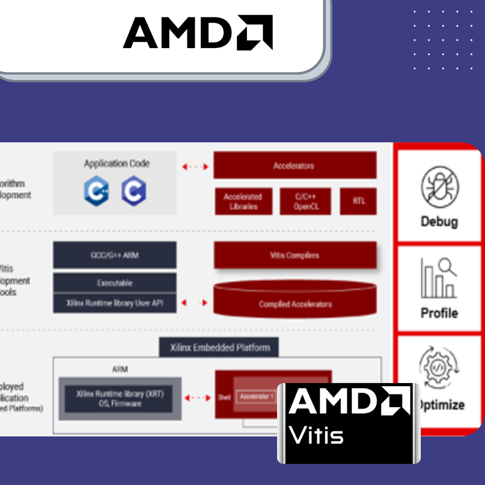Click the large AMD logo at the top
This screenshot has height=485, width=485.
tap(198, 32)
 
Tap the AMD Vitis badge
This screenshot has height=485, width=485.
tap(349, 423)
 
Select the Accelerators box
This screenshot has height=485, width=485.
tap(295, 166)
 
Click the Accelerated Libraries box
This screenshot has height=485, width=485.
tap(243, 201)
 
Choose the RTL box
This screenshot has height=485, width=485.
tap(358, 201)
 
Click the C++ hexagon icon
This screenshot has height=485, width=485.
tap(96, 192)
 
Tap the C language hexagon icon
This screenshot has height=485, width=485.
tap(133, 192)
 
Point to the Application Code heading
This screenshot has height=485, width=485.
tap(116, 163)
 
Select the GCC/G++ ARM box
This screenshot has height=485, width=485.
tap(115, 255)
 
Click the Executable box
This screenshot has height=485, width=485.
tap(115, 283)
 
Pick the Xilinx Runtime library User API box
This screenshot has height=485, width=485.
tap(115, 303)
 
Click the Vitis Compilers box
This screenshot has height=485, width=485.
tap(295, 255)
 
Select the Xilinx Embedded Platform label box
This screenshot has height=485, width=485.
tap(219, 348)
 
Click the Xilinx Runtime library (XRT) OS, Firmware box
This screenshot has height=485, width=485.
tap(119, 398)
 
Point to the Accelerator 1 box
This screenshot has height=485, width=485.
tap(256, 397)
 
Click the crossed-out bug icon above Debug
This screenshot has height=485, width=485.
tap(440, 186)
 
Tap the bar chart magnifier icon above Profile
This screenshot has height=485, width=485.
tap(439, 279)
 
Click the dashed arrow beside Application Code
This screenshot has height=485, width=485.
tap(195, 167)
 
